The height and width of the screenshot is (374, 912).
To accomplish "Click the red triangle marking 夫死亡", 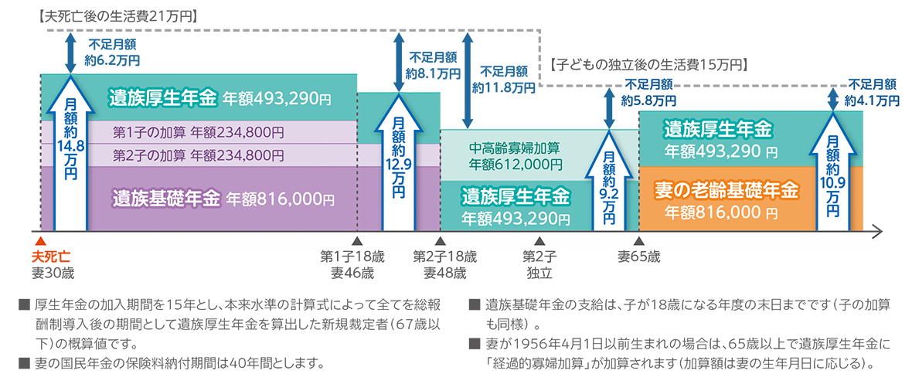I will click(x=40, y=242).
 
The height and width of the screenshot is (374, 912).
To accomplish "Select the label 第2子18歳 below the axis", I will click(x=444, y=257).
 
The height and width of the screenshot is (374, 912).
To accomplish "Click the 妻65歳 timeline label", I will click(x=639, y=257).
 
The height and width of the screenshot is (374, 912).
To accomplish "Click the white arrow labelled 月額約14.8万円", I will click(x=70, y=151).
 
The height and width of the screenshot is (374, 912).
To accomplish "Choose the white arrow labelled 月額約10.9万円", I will click(x=832, y=170).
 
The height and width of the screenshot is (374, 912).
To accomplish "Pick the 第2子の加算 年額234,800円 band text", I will click(x=199, y=155).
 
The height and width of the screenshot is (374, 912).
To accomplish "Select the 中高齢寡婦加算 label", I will click(x=514, y=148).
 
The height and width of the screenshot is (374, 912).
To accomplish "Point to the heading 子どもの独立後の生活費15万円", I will click(x=648, y=65).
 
